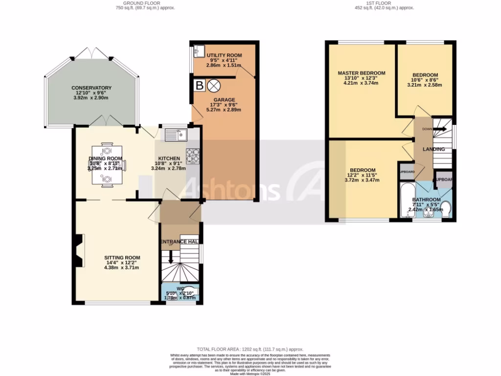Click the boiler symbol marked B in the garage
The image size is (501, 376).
(199, 86)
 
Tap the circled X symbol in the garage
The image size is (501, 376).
(214, 86)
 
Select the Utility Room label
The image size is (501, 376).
(224, 55)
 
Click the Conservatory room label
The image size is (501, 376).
(90, 88)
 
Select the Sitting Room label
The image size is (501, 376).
(122, 258)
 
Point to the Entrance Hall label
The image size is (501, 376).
(180, 242)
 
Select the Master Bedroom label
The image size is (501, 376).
(362, 73)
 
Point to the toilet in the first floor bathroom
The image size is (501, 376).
(446, 210)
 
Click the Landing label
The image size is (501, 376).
(433, 149)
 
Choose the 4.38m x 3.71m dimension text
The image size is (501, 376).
(122, 268)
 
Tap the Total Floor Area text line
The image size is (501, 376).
(250, 349)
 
